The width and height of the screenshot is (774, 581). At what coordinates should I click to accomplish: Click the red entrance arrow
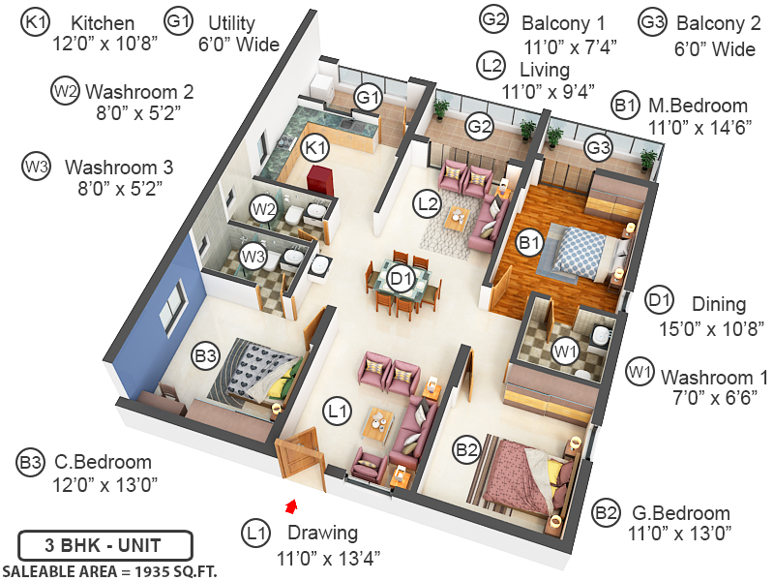click(x=289, y=505)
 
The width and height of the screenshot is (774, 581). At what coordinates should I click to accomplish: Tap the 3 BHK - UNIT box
click(x=105, y=542)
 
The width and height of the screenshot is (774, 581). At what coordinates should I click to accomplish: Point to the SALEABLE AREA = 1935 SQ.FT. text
click(x=109, y=569)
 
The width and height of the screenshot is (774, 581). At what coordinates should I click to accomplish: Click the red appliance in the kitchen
click(x=319, y=178)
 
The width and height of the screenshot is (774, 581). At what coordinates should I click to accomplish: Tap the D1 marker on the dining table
click(x=402, y=279)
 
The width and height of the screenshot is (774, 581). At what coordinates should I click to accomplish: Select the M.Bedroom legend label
click(x=698, y=106)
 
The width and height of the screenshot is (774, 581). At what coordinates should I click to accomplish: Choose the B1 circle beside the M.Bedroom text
click(x=624, y=105)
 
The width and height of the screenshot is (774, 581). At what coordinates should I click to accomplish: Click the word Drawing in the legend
click(x=322, y=533)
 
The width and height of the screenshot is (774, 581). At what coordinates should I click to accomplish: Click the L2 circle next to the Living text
click(x=491, y=67)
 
